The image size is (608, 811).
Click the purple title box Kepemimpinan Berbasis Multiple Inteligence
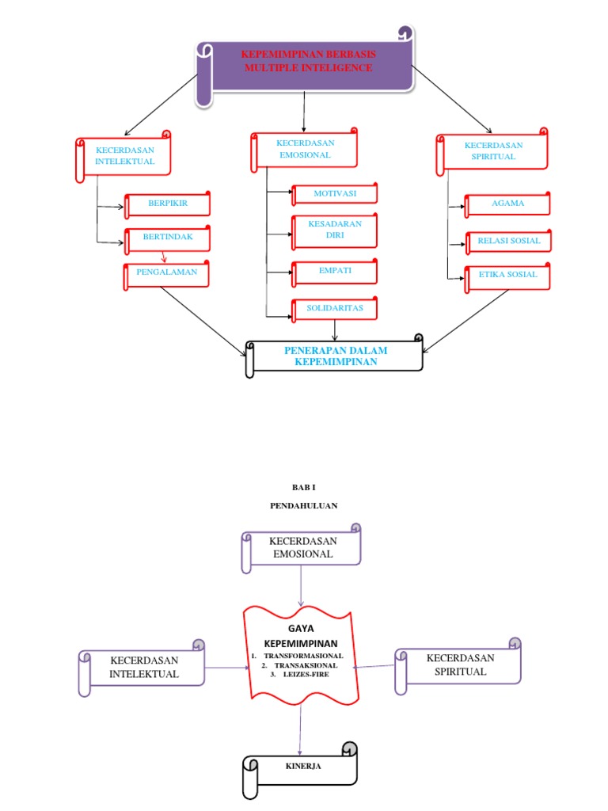pyautogui.click(x=309, y=63)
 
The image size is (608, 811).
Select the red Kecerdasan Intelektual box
pyautogui.click(x=125, y=156)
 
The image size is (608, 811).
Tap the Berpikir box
pyautogui.click(x=168, y=204)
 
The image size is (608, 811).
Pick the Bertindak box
pyautogui.click(x=168, y=238)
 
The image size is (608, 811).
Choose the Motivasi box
pyautogui.click(x=335, y=193)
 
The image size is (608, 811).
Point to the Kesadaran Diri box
pyautogui.click(x=335, y=230)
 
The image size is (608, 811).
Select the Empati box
pyautogui.click(x=335, y=272)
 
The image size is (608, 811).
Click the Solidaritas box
pyautogui.click(x=335, y=308)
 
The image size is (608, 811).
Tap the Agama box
pyautogui.click(x=507, y=204)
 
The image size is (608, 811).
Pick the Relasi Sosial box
pyautogui.click(x=507, y=241)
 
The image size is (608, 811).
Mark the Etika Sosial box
pyautogui.click(x=507, y=276)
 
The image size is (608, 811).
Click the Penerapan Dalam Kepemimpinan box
pyautogui.click(x=336, y=356)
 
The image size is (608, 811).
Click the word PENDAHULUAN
pyautogui.click(x=303, y=505)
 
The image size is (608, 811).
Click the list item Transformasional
pyautogui.click(x=303, y=657)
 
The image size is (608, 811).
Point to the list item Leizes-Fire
pyautogui.click(x=304, y=676)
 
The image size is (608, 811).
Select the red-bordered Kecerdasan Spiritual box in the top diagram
pyautogui.click(x=492, y=152)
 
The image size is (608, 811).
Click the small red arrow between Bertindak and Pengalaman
pyautogui.click(x=164, y=257)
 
